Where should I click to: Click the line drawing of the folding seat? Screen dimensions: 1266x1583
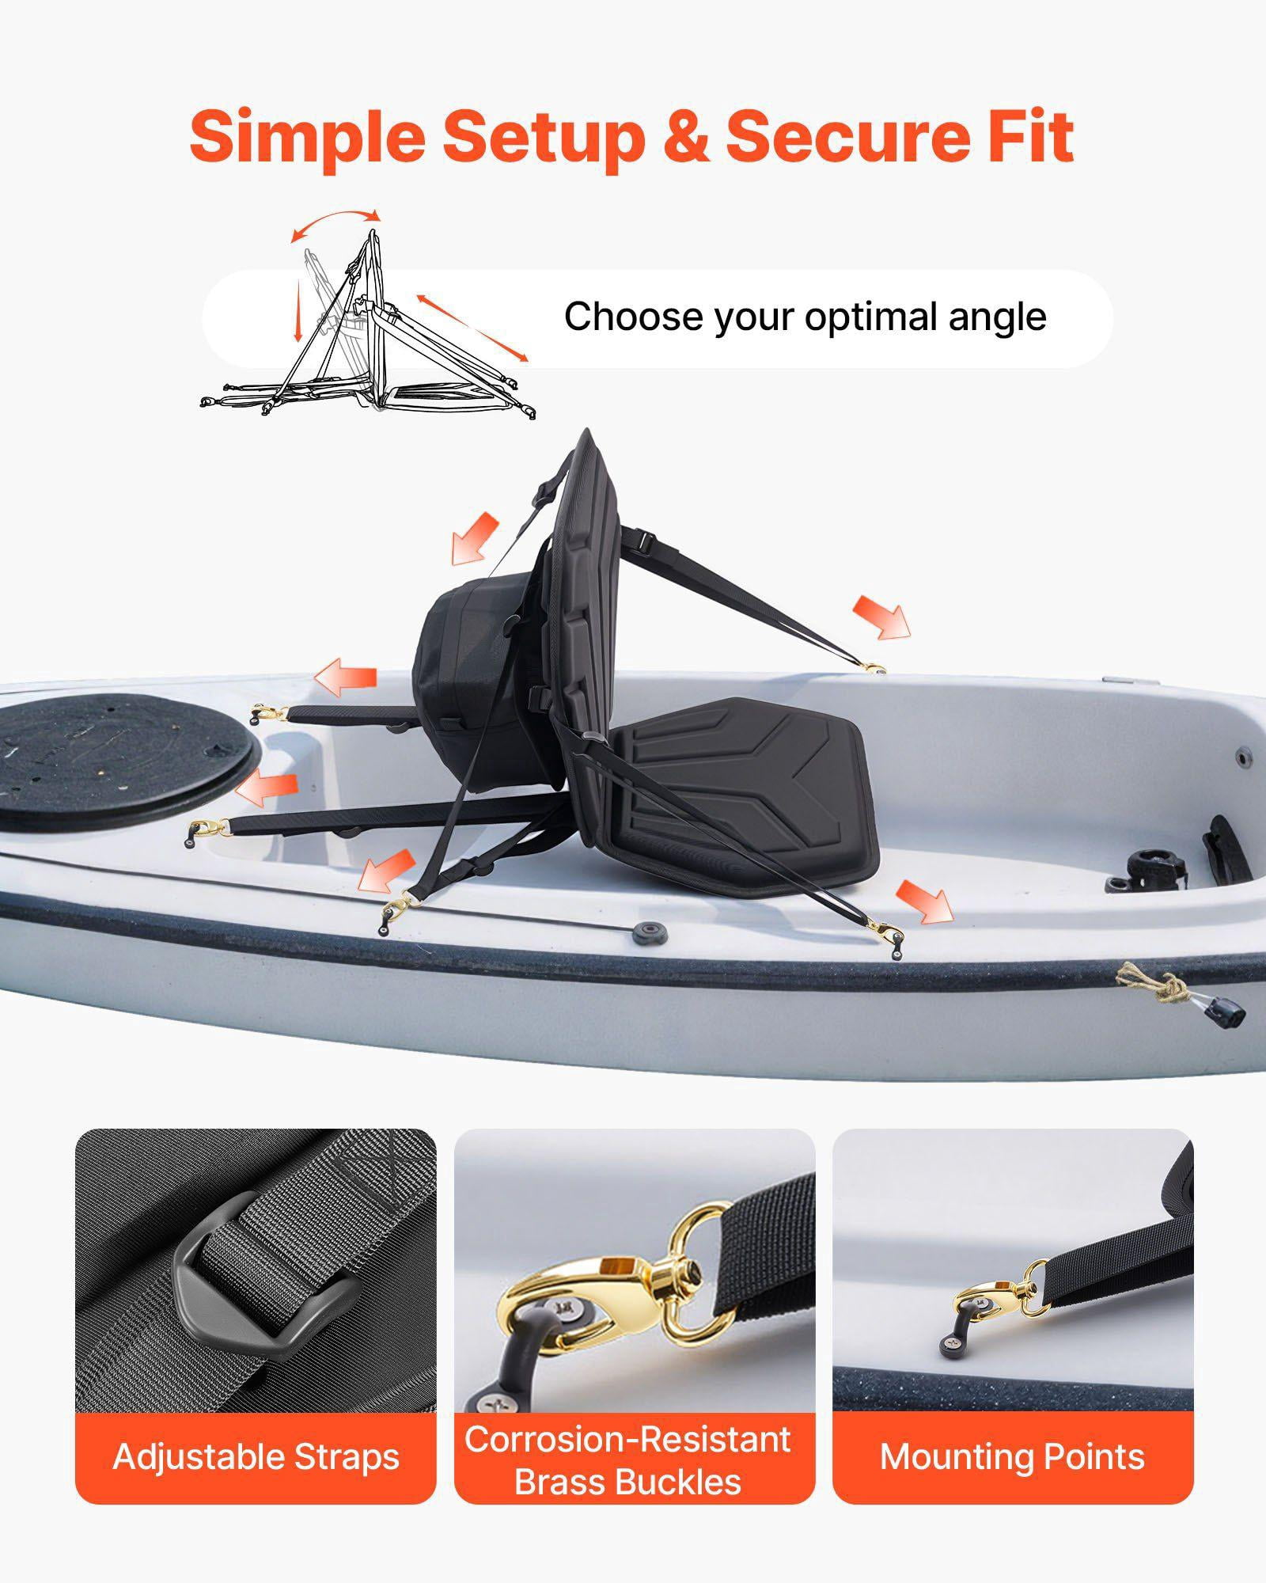coord(369,325)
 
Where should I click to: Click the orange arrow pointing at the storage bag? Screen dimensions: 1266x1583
coord(476,538)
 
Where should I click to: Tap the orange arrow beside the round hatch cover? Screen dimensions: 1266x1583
coord(270,788)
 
